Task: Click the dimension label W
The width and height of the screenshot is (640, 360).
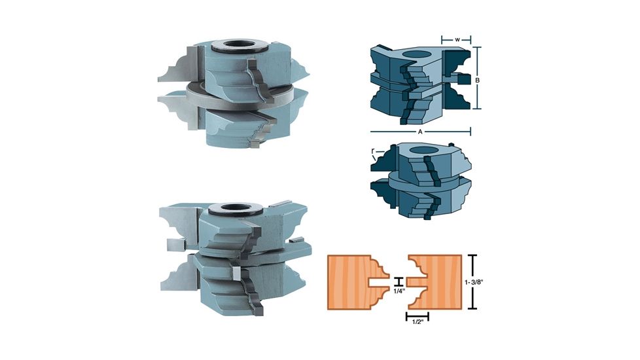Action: [x=457, y=39]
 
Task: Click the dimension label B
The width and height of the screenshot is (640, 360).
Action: [x=477, y=81]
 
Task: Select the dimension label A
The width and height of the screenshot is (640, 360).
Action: [x=420, y=132]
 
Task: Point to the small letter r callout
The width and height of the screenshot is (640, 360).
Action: [x=373, y=151]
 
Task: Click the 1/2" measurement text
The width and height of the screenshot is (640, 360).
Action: [x=417, y=322]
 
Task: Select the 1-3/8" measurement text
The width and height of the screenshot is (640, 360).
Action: [x=474, y=281]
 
